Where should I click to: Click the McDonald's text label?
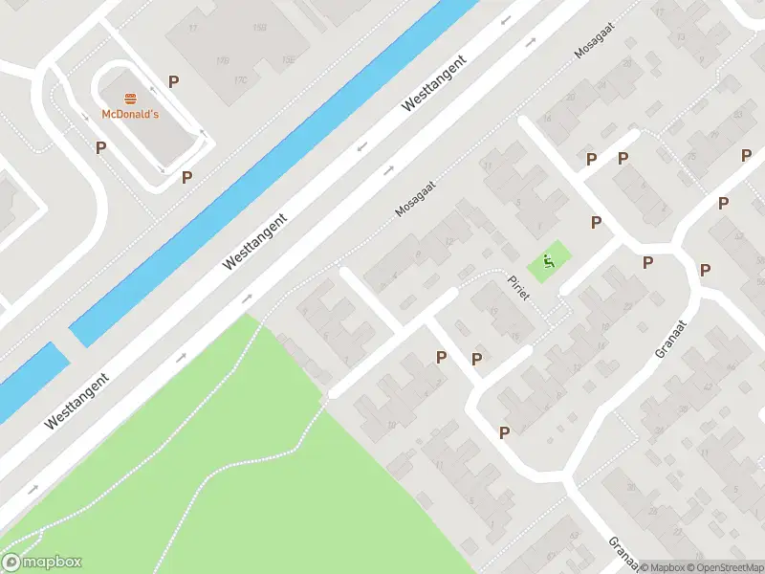[130, 115]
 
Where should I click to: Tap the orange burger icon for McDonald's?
[130, 98]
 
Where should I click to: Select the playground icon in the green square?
[548, 260]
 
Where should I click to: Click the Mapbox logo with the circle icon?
[42, 563]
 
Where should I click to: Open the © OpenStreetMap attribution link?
[723, 567]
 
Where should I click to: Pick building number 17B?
[223, 61]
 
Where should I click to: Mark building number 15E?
[288, 59]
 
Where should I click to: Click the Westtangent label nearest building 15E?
[434, 84]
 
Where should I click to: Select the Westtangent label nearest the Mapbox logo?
[76, 400]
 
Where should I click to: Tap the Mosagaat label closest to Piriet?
[415, 199]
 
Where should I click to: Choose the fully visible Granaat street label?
[672, 337]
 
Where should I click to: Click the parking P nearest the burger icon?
[174, 82]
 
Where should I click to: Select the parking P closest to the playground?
[596, 222]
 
